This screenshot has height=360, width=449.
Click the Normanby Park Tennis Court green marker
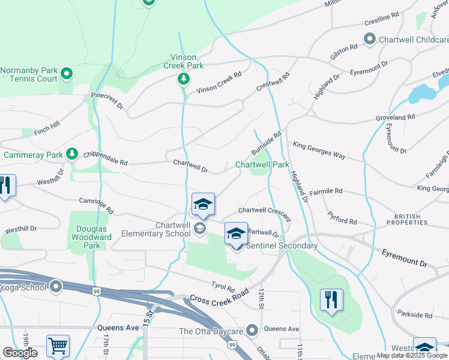tap(67, 74)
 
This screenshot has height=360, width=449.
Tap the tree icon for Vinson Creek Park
tap(183, 79)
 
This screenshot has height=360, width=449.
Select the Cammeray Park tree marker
tap(72, 154)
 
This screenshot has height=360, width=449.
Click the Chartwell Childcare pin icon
tap(369, 40)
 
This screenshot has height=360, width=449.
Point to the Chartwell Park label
tap(262, 164)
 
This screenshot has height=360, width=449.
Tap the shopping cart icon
tap(58, 346)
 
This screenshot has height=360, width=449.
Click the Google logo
tap(20, 353)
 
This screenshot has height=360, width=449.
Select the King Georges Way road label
tap(319, 150)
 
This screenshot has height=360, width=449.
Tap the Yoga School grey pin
tap(56, 287)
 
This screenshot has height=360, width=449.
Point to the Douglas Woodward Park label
tap(94, 237)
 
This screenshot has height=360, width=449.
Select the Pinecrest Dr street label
tap(107, 100)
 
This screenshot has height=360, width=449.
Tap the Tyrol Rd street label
tap(222, 287)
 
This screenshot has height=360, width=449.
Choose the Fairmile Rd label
tap(325, 191)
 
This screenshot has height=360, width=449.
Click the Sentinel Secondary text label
tap(281, 246)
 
